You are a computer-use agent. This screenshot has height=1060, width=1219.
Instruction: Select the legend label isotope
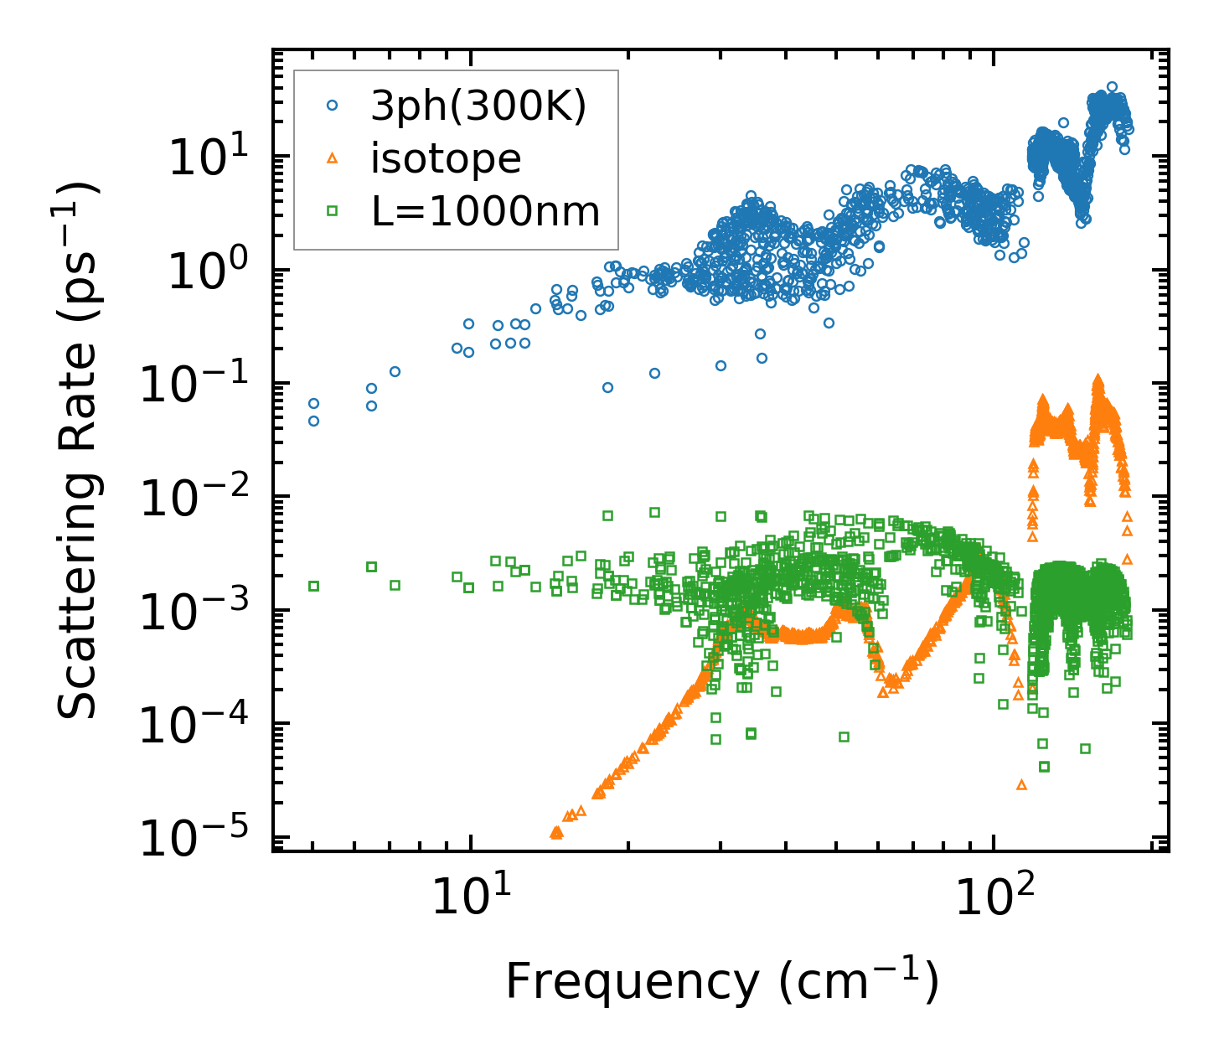(x=446, y=158)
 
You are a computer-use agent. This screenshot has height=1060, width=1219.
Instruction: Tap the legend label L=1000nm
(x=485, y=212)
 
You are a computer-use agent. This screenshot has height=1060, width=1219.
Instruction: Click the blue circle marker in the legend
(x=332, y=106)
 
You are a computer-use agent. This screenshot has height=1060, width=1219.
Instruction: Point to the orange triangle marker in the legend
(x=332, y=158)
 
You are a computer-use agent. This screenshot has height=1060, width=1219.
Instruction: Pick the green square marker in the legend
(x=332, y=212)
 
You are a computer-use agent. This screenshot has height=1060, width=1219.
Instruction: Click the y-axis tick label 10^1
(x=212, y=159)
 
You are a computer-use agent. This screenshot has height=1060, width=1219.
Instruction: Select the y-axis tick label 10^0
(x=212, y=272)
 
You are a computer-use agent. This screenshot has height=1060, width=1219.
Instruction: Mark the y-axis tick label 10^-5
(x=199, y=839)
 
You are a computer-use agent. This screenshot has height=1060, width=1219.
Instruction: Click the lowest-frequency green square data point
(x=313, y=586)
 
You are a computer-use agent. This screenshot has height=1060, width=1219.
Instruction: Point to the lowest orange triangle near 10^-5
(x=555, y=833)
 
